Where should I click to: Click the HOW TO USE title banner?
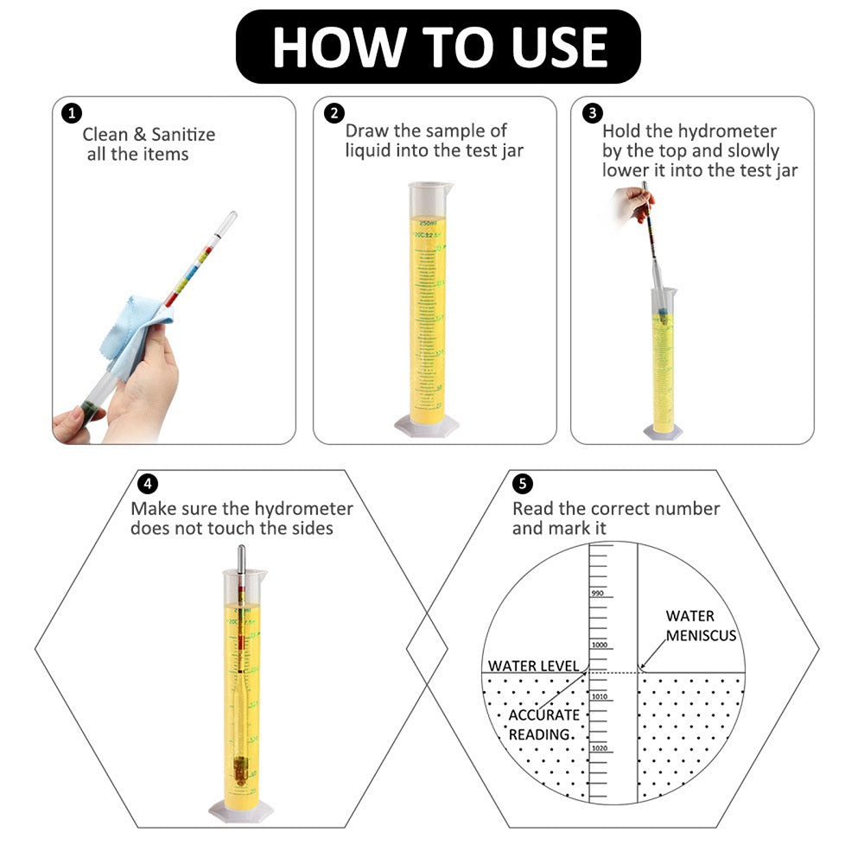pyautogui.click(x=438, y=47)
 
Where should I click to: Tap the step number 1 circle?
pyautogui.click(x=72, y=113)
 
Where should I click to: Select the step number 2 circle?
pyautogui.click(x=334, y=113)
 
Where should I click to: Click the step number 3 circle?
pyautogui.click(x=592, y=113)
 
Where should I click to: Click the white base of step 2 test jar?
pyautogui.click(x=427, y=424)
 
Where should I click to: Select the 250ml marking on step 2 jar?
pyautogui.click(x=429, y=222)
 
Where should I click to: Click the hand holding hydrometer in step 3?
pyautogui.click(x=626, y=207)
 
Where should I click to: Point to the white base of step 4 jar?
pyautogui.click(x=240, y=810)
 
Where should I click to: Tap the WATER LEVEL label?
pyautogui.click(x=533, y=665)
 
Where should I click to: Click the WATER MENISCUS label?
pyautogui.click(x=700, y=626)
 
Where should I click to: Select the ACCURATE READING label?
pyautogui.click(x=543, y=724)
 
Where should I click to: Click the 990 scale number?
pyautogui.click(x=597, y=593)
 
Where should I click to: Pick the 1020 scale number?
pyautogui.click(x=600, y=748)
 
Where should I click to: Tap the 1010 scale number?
pyautogui.click(x=600, y=696)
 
